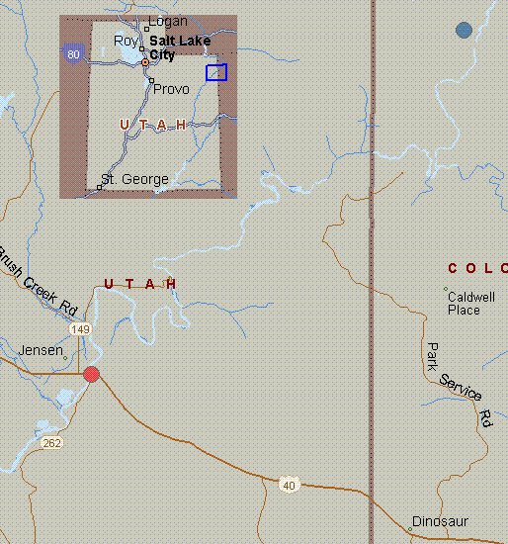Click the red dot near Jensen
tap(92, 374)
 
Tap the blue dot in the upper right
tap(464, 31)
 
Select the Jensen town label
tap(42, 350)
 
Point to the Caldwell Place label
tap(470, 303)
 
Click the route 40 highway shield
tap(289, 485)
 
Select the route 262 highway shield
tap(52, 443)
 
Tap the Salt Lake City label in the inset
tap(178, 47)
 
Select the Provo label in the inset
tap(171, 89)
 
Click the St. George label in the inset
tap(134, 179)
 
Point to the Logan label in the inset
tap(167, 21)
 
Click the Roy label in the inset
tap(126, 41)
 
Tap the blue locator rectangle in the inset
tap(216, 72)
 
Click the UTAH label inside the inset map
tap(153, 125)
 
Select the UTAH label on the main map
tap(140, 284)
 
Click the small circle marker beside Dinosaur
tap(410, 529)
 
